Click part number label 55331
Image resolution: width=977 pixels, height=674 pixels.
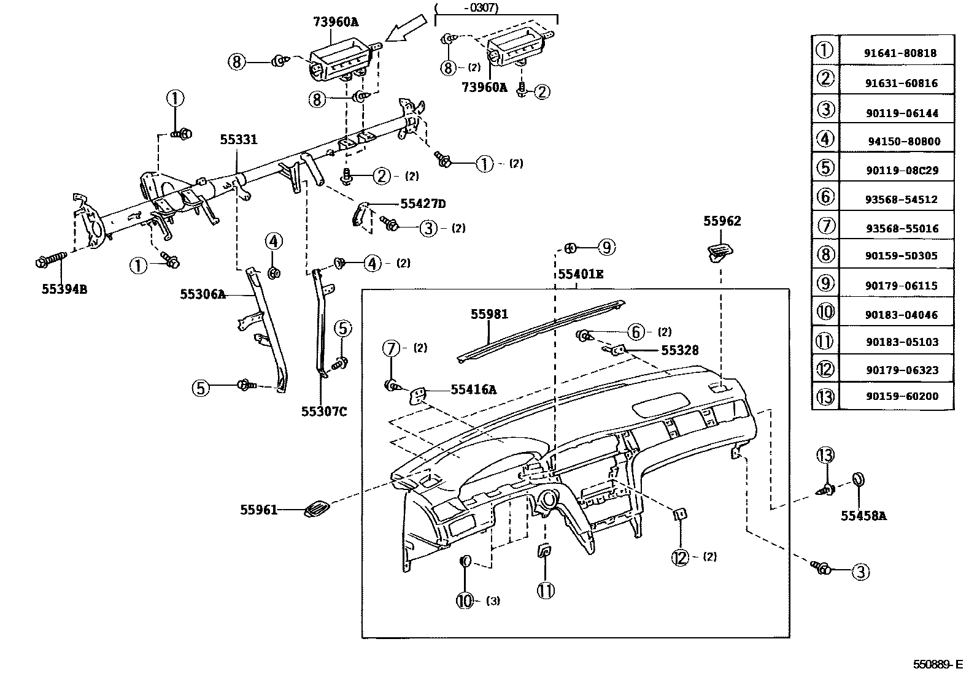click(239, 140)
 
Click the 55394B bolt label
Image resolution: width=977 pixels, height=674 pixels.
click(64, 289)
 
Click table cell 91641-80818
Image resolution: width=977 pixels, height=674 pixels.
click(900, 53)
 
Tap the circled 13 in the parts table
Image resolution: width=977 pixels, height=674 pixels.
click(825, 396)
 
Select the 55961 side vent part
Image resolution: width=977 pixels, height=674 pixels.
click(317, 508)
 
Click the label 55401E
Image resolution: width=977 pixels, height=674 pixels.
click(580, 274)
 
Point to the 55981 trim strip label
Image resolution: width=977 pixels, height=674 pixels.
click(489, 314)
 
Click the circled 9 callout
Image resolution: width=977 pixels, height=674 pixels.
click(605, 247)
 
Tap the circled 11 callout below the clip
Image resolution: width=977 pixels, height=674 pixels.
click(546, 591)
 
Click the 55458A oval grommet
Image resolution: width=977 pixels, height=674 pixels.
click(859, 480)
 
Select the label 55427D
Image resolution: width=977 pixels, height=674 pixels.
click(423, 204)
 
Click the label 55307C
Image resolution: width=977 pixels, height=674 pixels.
click(323, 411)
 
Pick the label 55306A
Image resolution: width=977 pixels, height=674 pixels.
click(203, 294)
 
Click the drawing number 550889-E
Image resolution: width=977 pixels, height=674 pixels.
click(937, 664)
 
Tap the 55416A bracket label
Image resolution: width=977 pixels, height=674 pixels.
click(473, 389)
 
